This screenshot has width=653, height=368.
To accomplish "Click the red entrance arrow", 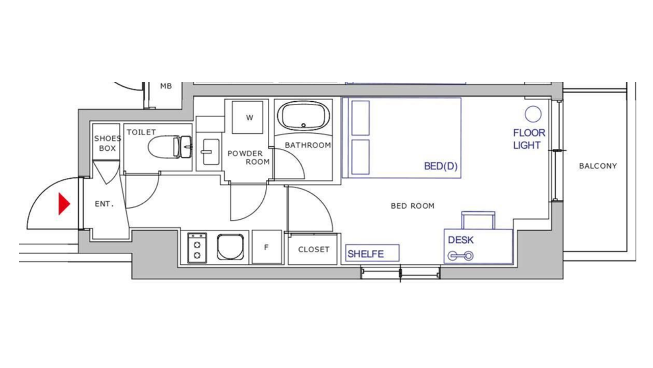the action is [x=64, y=203].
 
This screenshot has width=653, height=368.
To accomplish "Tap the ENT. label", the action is [x=104, y=204].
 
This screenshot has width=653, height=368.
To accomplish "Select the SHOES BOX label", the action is [x=107, y=143].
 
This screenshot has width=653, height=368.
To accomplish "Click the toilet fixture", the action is [x=170, y=147].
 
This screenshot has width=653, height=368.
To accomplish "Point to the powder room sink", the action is [x=211, y=152].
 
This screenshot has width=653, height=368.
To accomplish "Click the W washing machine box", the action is [x=247, y=118].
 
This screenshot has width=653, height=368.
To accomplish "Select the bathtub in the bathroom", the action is [x=304, y=116].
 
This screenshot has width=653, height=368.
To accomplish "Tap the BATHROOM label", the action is [x=308, y=145].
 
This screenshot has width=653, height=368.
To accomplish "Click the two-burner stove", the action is [x=197, y=248].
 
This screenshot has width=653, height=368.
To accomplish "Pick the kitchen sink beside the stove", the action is [x=230, y=247].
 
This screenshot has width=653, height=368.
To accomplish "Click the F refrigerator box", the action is [x=267, y=247].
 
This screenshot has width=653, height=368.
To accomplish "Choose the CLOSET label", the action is [x=314, y=249].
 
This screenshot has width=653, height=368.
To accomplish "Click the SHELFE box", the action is [x=372, y=253].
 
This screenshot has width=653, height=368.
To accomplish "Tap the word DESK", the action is [x=461, y=240].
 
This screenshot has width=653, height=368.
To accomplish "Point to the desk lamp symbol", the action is [x=461, y=256].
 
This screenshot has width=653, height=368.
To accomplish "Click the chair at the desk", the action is [x=478, y=220].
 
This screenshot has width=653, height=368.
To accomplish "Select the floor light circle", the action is [x=533, y=114].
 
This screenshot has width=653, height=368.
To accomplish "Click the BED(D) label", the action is [x=441, y=166].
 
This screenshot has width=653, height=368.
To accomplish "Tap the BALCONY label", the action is [x=598, y=166].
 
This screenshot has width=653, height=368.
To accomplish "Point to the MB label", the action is [x=166, y=86].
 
